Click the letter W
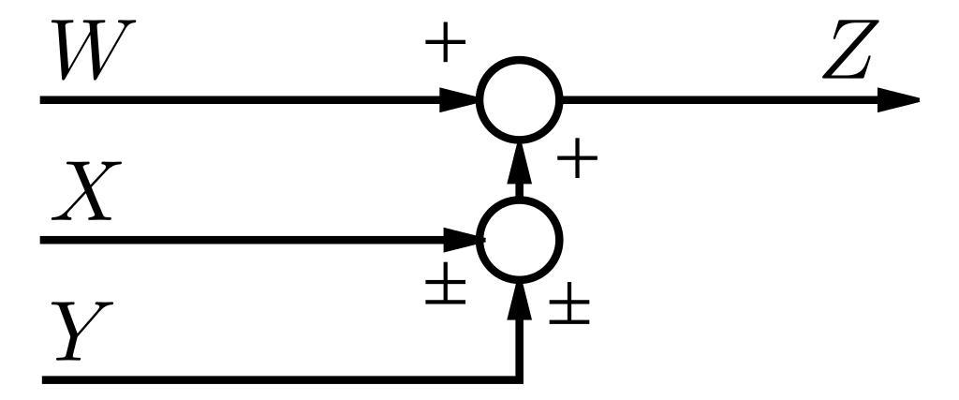pyautogui.click(x=89, y=54)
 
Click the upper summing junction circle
pyautogui.click(x=520, y=98)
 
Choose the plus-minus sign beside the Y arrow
pyautogui.click(x=569, y=308)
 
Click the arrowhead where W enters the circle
pyautogui.click(x=461, y=98)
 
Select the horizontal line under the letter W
pyautogui.click(x=234, y=98)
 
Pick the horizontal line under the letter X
pyautogui.click(x=234, y=240)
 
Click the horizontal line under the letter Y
pyautogui.click(x=234, y=379)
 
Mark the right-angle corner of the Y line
pyautogui.click(x=520, y=379)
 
